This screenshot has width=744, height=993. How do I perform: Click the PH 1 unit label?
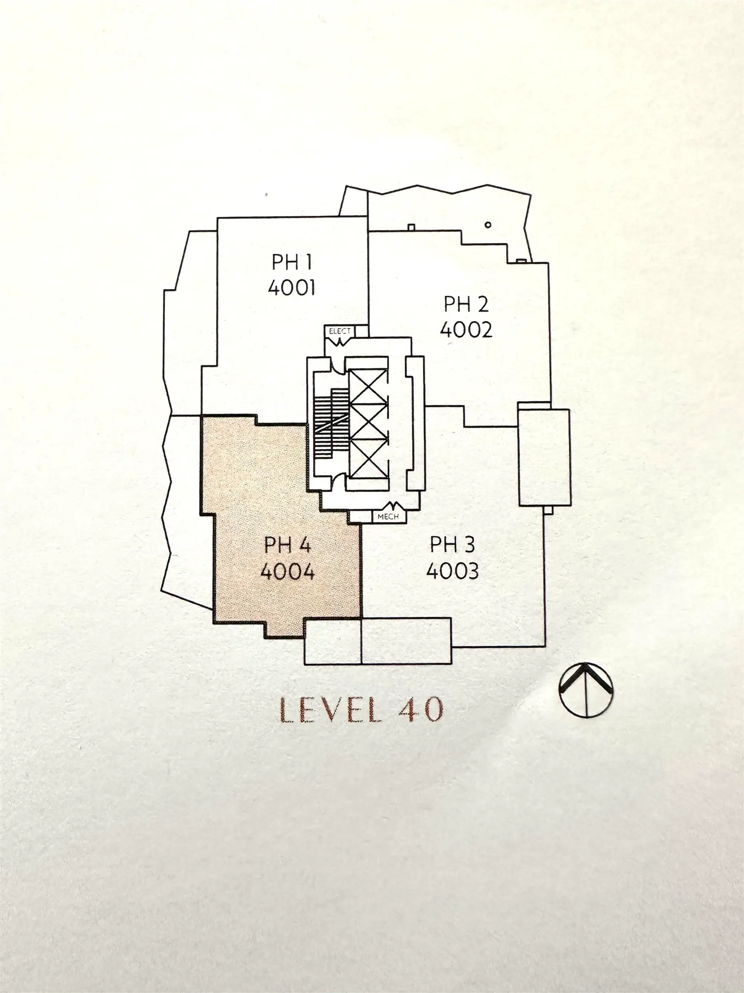(x=291, y=262)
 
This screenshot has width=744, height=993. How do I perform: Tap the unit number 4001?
(x=291, y=287)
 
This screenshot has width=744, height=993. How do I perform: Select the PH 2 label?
(x=466, y=304)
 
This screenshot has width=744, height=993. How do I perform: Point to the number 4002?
(x=466, y=329)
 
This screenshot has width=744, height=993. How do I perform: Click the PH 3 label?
(x=452, y=545)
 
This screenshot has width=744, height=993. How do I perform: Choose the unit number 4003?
(x=453, y=571)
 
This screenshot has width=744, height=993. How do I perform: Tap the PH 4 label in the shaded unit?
(x=288, y=545)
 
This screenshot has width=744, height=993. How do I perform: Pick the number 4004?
(x=288, y=571)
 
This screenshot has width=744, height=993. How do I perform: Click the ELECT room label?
(x=339, y=331)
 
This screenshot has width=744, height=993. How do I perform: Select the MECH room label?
(x=388, y=517)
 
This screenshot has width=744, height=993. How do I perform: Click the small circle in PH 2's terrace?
(x=488, y=225)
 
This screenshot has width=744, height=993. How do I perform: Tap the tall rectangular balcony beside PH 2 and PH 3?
(x=544, y=457)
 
